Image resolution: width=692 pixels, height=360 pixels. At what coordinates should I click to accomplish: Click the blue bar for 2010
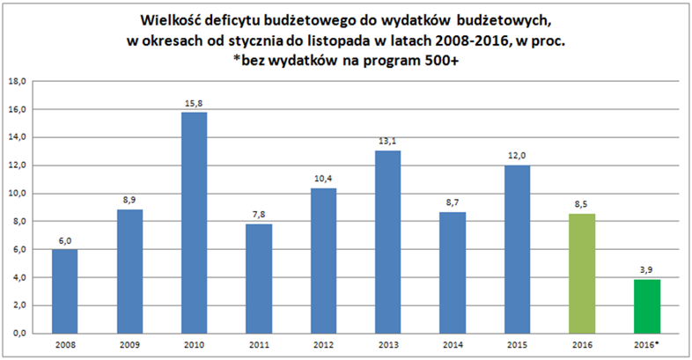[194, 223]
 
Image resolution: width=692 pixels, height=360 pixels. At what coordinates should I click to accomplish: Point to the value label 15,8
[194, 104]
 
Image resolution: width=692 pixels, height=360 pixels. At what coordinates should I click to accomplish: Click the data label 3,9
[647, 270]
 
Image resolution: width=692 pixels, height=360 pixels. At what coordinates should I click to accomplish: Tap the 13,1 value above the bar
[387, 142]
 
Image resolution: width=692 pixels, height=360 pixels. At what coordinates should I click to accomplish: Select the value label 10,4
[323, 180]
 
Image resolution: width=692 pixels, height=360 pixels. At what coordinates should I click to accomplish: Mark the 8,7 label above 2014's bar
[453, 203]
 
